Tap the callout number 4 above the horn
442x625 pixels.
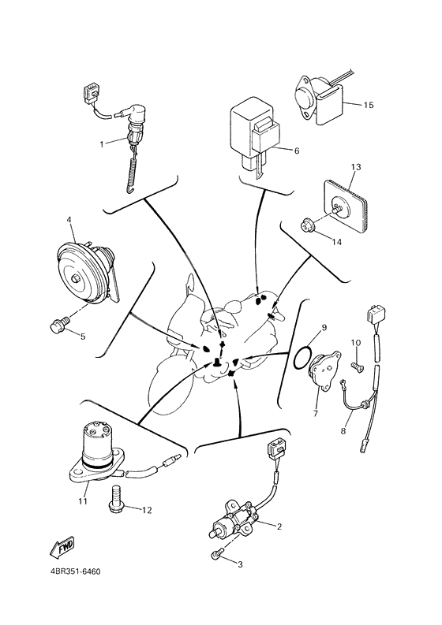click(69, 220)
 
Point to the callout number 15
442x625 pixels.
click(368, 104)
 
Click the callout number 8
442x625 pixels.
click(343, 431)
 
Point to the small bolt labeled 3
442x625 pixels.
click(216, 556)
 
